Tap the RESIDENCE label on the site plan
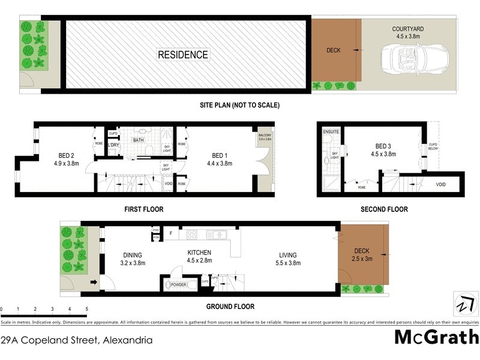[x=183, y=55]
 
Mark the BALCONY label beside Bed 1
[x=265, y=136]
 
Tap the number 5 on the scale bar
[x=87, y=310]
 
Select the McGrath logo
[x=436, y=337]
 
